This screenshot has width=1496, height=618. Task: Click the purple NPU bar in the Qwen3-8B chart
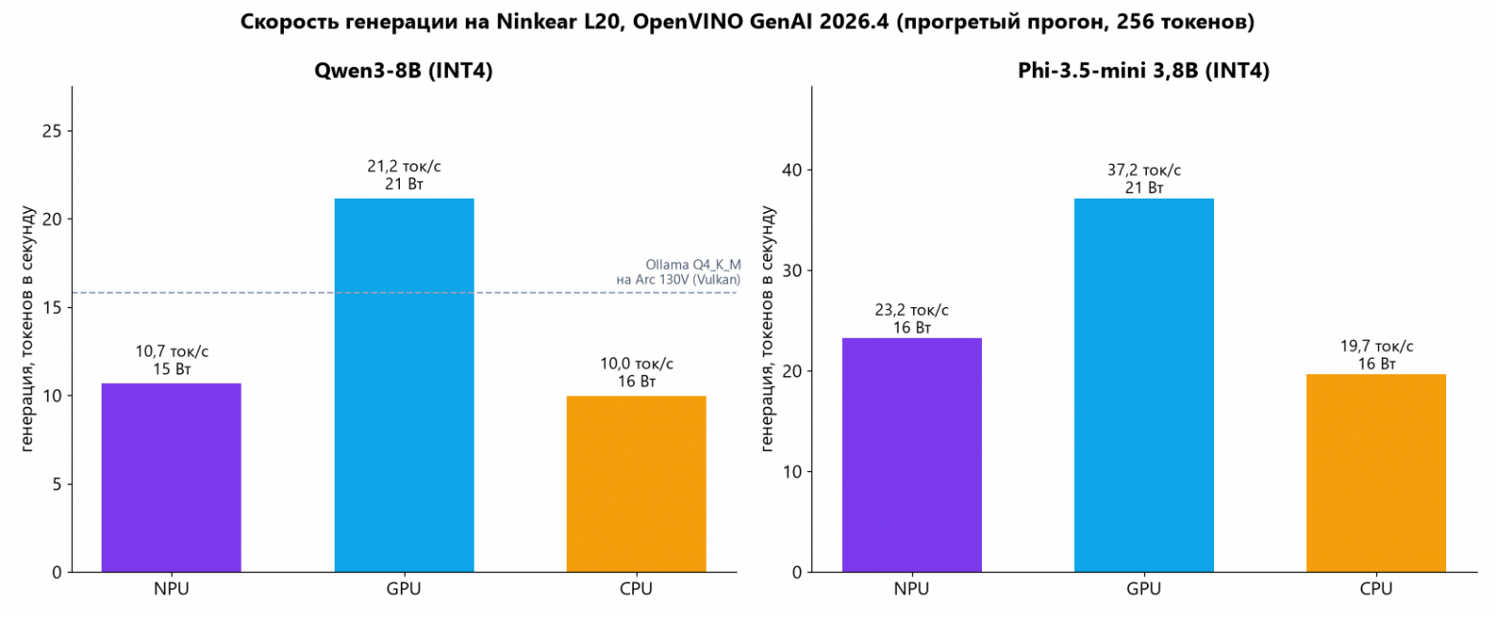[171, 477]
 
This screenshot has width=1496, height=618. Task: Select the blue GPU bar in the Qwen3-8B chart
[404, 385]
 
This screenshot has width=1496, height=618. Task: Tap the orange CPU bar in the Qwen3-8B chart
[637, 484]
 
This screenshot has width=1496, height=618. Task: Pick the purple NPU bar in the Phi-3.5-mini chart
[912, 455]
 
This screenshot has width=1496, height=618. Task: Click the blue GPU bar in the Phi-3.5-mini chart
[1144, 385]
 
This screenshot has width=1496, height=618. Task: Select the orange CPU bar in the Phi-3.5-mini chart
[1376, 473]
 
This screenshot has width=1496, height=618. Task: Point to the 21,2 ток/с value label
[404, 166]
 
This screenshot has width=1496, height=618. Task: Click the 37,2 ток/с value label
[1144, 171]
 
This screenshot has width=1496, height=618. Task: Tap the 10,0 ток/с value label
[637, 364]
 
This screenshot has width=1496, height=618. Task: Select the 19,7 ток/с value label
[1376, 346]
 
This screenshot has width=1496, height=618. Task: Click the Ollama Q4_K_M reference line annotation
[679, 273]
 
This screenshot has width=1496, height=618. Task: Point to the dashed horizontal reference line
[404, 293]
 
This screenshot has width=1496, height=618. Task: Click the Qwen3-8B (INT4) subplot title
[404, 71]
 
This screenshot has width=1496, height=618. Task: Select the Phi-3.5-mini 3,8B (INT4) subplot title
[1143, 71]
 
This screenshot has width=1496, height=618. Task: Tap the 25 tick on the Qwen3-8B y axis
[52, 131]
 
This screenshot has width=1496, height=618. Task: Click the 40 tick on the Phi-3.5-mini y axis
[791, 171]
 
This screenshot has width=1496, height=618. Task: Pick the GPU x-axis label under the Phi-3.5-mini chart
[1144, 588]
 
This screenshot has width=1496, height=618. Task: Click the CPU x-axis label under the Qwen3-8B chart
[637, 588]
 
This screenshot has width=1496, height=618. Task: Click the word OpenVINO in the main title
[688, 22]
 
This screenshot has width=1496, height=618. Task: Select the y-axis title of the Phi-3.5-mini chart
[767, 329]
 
